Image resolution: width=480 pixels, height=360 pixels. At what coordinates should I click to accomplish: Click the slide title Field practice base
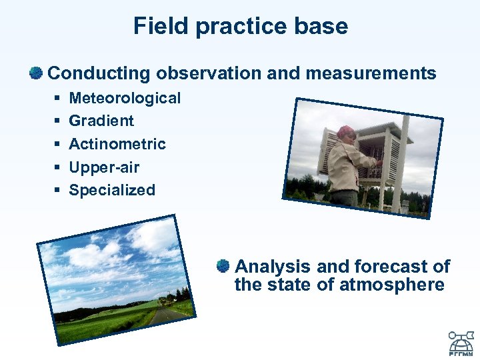(x=240, y=27)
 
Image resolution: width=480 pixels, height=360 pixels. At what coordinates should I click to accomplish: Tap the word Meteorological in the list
(x=125, y=98)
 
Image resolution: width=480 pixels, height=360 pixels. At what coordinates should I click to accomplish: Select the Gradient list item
(x=101, y=121)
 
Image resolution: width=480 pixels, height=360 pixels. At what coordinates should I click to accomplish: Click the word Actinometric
(x=117, y=144)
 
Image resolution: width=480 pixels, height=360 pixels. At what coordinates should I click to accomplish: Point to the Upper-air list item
(x=104, y=167)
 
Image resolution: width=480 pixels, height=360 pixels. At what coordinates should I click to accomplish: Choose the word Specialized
(x=112, y=190)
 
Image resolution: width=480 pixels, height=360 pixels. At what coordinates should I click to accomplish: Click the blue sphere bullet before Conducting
(x=36, y=72)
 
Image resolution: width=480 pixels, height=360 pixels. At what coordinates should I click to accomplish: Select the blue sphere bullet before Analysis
(x=223, y=266)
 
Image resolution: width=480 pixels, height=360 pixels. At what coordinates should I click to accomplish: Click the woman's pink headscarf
(x=347, y=132)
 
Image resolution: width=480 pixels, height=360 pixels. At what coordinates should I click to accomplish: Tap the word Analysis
(x=273, y=267)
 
